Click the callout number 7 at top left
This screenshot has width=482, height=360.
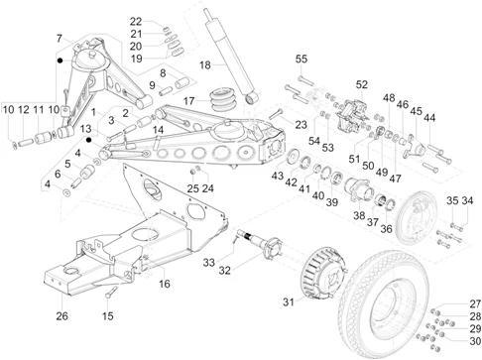(59, 38)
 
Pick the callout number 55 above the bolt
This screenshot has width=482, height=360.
(301, 58)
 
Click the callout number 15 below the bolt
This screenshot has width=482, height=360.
(108, 316)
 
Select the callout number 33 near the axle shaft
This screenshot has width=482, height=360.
(209, 263)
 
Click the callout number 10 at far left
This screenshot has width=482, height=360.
(9, 109)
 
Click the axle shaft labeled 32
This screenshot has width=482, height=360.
(260, 244)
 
